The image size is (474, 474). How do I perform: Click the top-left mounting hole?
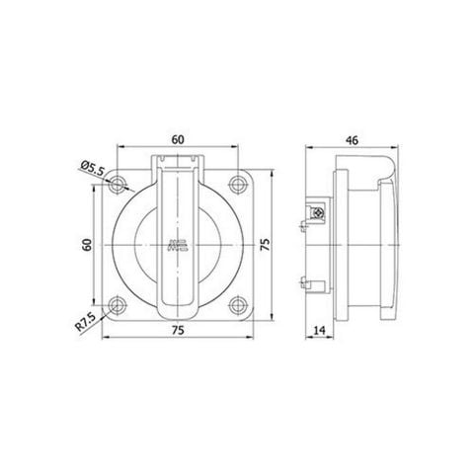click(x=120, y=184)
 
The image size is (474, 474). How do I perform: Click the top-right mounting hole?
click(x=236, y=184)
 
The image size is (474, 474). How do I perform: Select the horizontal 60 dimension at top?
click(x=178, y=139)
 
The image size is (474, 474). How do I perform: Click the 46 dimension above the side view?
click(x=351, y=139)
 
